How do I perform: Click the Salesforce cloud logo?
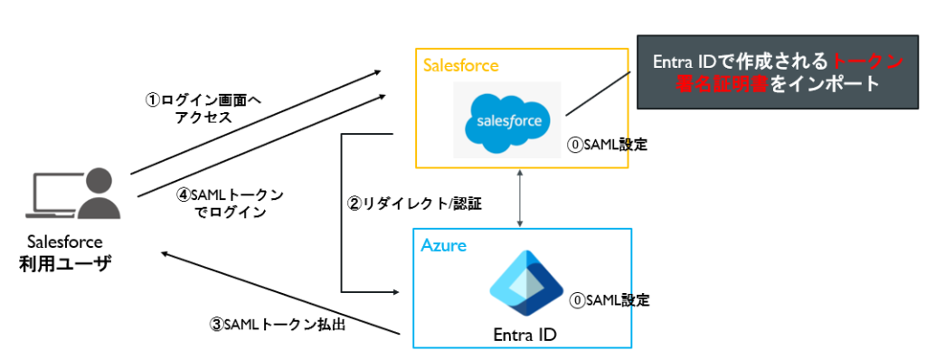pyautogui.click(x=506, y=120)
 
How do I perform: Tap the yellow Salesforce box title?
pyautogui.click(x=461, y=66)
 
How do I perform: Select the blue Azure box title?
pyautogui.click(x=443, y=245)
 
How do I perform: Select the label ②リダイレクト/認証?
pyautogui.click(x=414, y=205)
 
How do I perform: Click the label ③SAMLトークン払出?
pyautogui.click(x=278, y=325)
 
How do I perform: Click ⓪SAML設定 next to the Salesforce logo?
pyautogui.click(x=608, y=145)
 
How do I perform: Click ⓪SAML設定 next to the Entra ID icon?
pyautogui.click(x=609, y=300)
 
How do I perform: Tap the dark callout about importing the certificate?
pyautogui.click(x=778, y=71)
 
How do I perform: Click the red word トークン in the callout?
pyautogui.click(x=867, y=62)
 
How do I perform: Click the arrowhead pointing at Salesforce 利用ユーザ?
pyautogui.click(x=166, y=253)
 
